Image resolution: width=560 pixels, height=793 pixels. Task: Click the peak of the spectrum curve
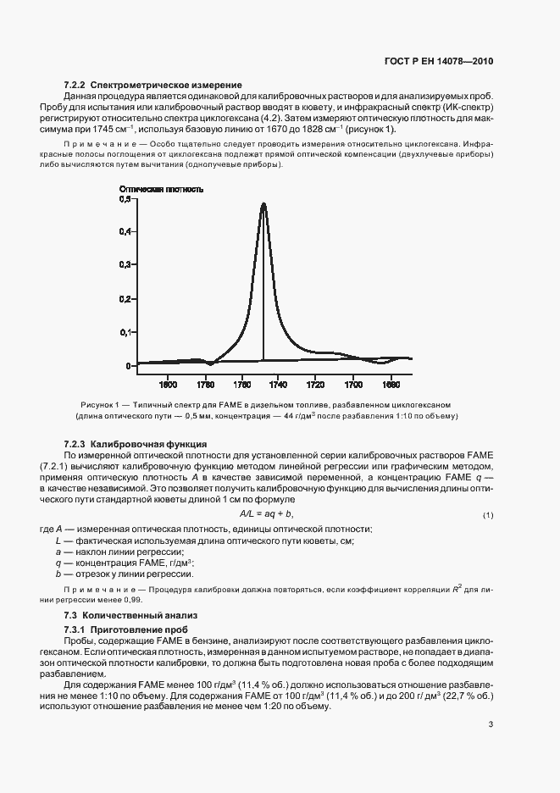click(x=263, y=203)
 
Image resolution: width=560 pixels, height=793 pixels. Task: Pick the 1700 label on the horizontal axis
click(x=353, y=383)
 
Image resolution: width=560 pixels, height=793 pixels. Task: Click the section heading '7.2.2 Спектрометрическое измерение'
click(x=152, y=86)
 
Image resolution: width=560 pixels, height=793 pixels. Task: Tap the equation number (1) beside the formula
click(x=488, y=516)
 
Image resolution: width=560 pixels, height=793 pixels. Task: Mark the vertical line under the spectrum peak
click(x=263, y=288)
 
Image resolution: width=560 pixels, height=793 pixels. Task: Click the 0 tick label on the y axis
click(x=127, y=366)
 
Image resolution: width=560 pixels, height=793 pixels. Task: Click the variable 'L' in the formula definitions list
click(x=58, y=541)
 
